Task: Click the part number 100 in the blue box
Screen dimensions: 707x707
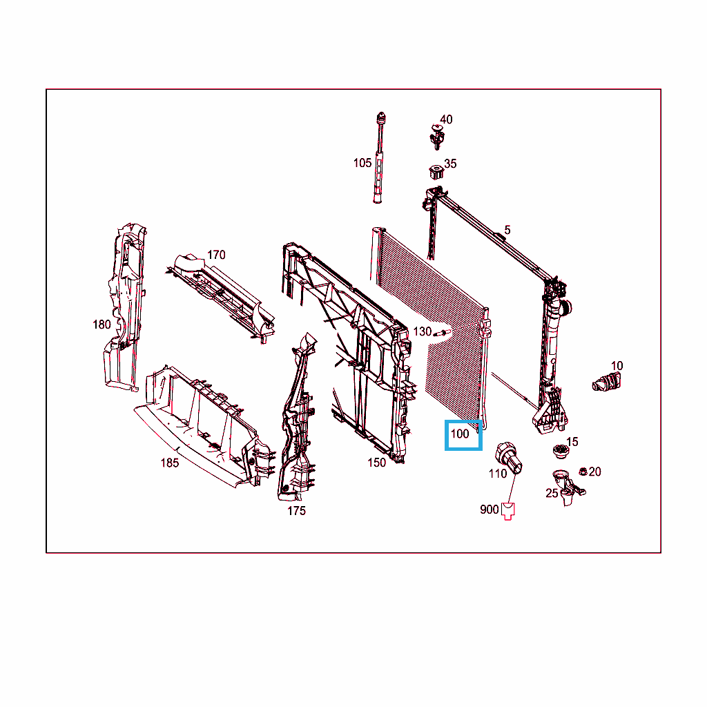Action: click(460, 434)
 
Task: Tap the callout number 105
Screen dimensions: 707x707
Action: click(362, 163)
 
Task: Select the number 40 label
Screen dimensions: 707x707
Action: click(446, 119)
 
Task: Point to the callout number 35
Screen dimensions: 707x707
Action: click(450, 163)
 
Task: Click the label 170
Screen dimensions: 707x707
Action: click(216, 255)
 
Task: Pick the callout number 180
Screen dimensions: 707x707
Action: click(101, 325)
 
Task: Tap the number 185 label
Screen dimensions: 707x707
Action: click(170, 463)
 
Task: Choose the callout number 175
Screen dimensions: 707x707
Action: click(296, 510)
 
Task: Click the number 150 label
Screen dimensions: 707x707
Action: click(376, 463)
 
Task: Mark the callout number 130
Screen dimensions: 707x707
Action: click(423, 332)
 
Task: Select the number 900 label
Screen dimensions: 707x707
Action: click(490, 510)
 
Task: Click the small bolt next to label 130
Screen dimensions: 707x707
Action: click(442, 333)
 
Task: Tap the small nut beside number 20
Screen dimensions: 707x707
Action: click(583, 472)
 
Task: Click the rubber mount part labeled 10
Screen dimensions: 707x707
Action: click(606, 382)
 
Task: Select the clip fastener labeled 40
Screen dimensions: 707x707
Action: click(437, 137)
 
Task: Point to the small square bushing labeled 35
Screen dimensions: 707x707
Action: click(436, 172)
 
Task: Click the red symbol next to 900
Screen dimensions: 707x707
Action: click(508, 511)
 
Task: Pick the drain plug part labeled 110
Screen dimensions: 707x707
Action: click(509, 457)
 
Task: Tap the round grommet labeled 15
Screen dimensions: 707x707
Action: click(561, 451)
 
